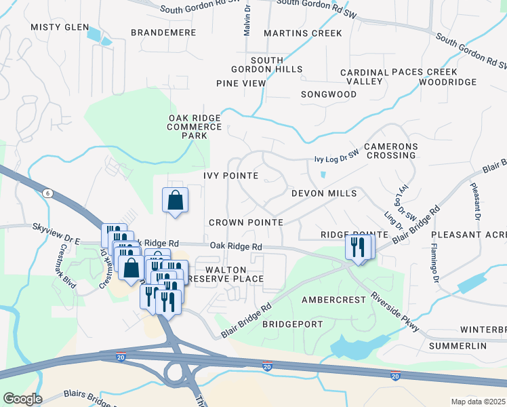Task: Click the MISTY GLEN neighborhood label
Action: click(x=60, y=27)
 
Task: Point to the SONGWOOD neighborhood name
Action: click(x=329, y=94)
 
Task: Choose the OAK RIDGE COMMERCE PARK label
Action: click(x=195, y=126)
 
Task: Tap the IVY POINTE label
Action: click(x=230, y=175)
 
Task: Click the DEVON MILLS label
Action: click(x=324, y=193)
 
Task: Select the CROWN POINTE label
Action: click(x=245, y=222)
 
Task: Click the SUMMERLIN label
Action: click(x=458, y=346)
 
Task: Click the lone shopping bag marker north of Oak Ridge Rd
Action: click(x=175, y=201)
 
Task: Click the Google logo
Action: click(x=22, y=398)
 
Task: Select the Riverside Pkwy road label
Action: click(x=395, y=313)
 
